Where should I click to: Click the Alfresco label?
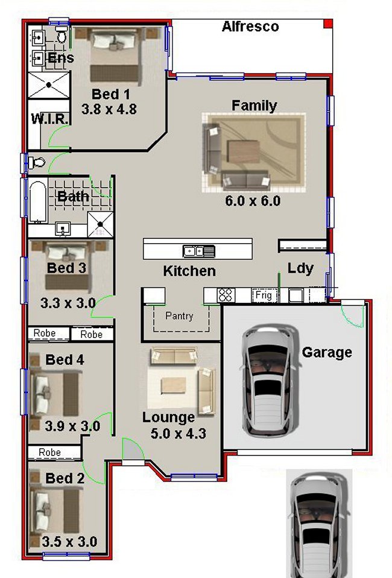coord(250,26)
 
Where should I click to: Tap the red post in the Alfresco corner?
coord(328,24)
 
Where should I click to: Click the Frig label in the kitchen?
coord(264,296)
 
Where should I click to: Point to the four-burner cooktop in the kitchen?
coord(226,295)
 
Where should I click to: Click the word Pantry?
coord(179,316)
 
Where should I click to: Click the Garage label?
coord(327,352)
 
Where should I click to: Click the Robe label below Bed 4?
coord(49,451)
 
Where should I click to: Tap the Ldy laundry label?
coord(300,268)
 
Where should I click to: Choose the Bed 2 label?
coord(65,478)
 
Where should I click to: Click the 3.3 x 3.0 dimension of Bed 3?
coord(68,303)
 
